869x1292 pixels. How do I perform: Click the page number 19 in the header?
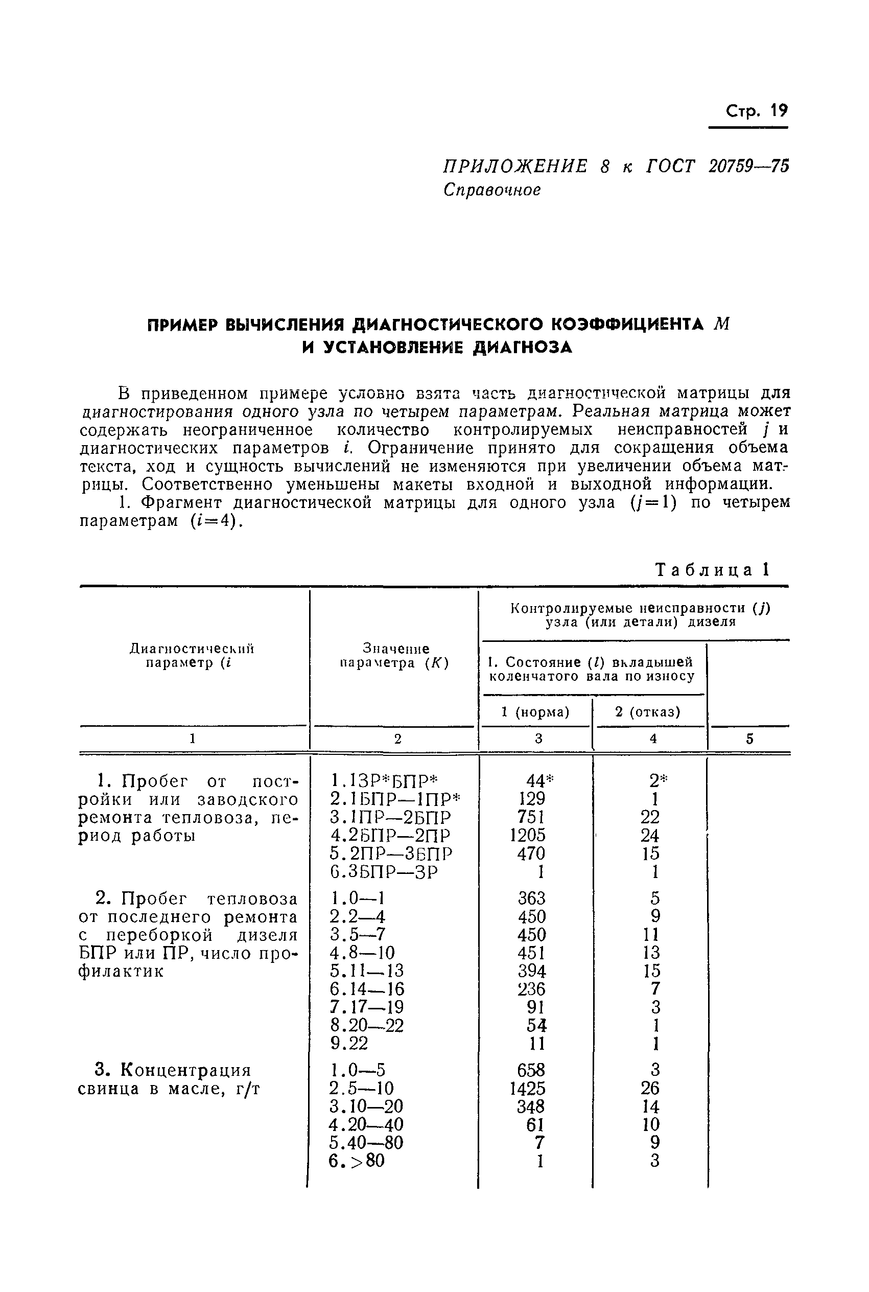pyautogui.click(x=778, y=111)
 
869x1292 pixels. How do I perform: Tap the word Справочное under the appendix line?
pyautogui.click(x=491, y=190)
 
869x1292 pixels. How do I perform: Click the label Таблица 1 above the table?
pyautogui.click(x=713, y=570)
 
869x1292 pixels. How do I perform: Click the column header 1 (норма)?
pyautogui.click(x=535, y=712)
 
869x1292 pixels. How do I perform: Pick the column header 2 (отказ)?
pyautogui.click(x=647, y=712)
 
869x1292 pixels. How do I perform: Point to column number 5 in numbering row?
pyautogui.click(x=749, y=739)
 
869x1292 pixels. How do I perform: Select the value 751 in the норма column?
pyautogui.click(x=530, y=817)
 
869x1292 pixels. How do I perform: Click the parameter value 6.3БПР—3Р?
pyautogui.click(x=384, y=872)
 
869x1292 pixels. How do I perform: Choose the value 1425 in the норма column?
pyautogui.click(x=528, y=1089)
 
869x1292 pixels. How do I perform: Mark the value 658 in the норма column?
pyautogui.click(x=531, y=1070)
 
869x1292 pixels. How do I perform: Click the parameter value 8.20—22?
pyautogui.click(x=367, y=1025)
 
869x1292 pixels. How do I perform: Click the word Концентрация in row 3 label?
pyautogui.click(x=185, y=1070)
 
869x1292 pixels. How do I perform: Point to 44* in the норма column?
pyautogui.click(x=539, y=781)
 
